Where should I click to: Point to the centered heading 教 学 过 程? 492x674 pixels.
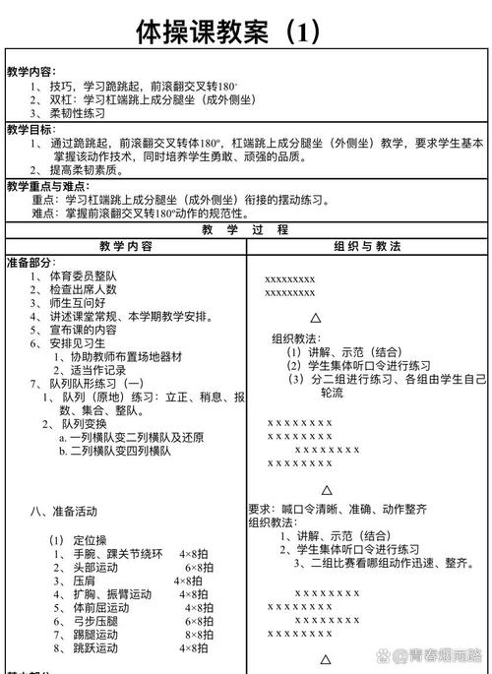point(246,229)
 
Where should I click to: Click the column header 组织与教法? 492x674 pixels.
point(367,247)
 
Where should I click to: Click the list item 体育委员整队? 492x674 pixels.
point(84,276)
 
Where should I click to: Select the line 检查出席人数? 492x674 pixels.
point(84,289)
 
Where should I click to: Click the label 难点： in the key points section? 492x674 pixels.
point(46,212)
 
